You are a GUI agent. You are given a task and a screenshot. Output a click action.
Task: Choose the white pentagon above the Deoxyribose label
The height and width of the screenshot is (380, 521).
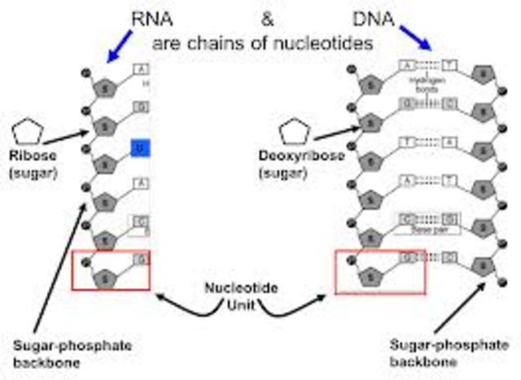click(295, 133)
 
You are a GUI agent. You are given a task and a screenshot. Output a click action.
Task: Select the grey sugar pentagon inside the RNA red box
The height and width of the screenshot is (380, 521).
click(104, 277)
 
